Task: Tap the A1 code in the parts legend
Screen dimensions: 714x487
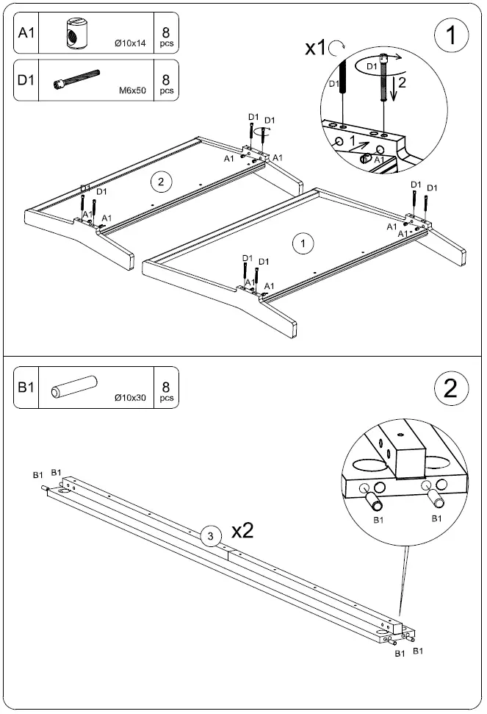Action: point(26,32)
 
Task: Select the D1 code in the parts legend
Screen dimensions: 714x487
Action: point(26,79)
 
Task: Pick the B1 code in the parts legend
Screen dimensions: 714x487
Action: point(26,387)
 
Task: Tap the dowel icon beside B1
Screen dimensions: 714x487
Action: point(73,387)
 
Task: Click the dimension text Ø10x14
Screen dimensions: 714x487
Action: point(131,44)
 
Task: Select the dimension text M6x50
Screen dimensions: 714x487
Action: point(133,91)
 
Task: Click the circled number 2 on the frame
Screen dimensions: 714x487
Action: point(160,180)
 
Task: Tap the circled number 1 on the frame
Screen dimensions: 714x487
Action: point(299,243)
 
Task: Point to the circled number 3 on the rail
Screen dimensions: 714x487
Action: point(211,536)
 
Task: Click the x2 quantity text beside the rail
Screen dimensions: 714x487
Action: point(242,532)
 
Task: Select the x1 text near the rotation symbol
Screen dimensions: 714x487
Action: point(316,49)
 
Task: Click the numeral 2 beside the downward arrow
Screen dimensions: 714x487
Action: point(401,83)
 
